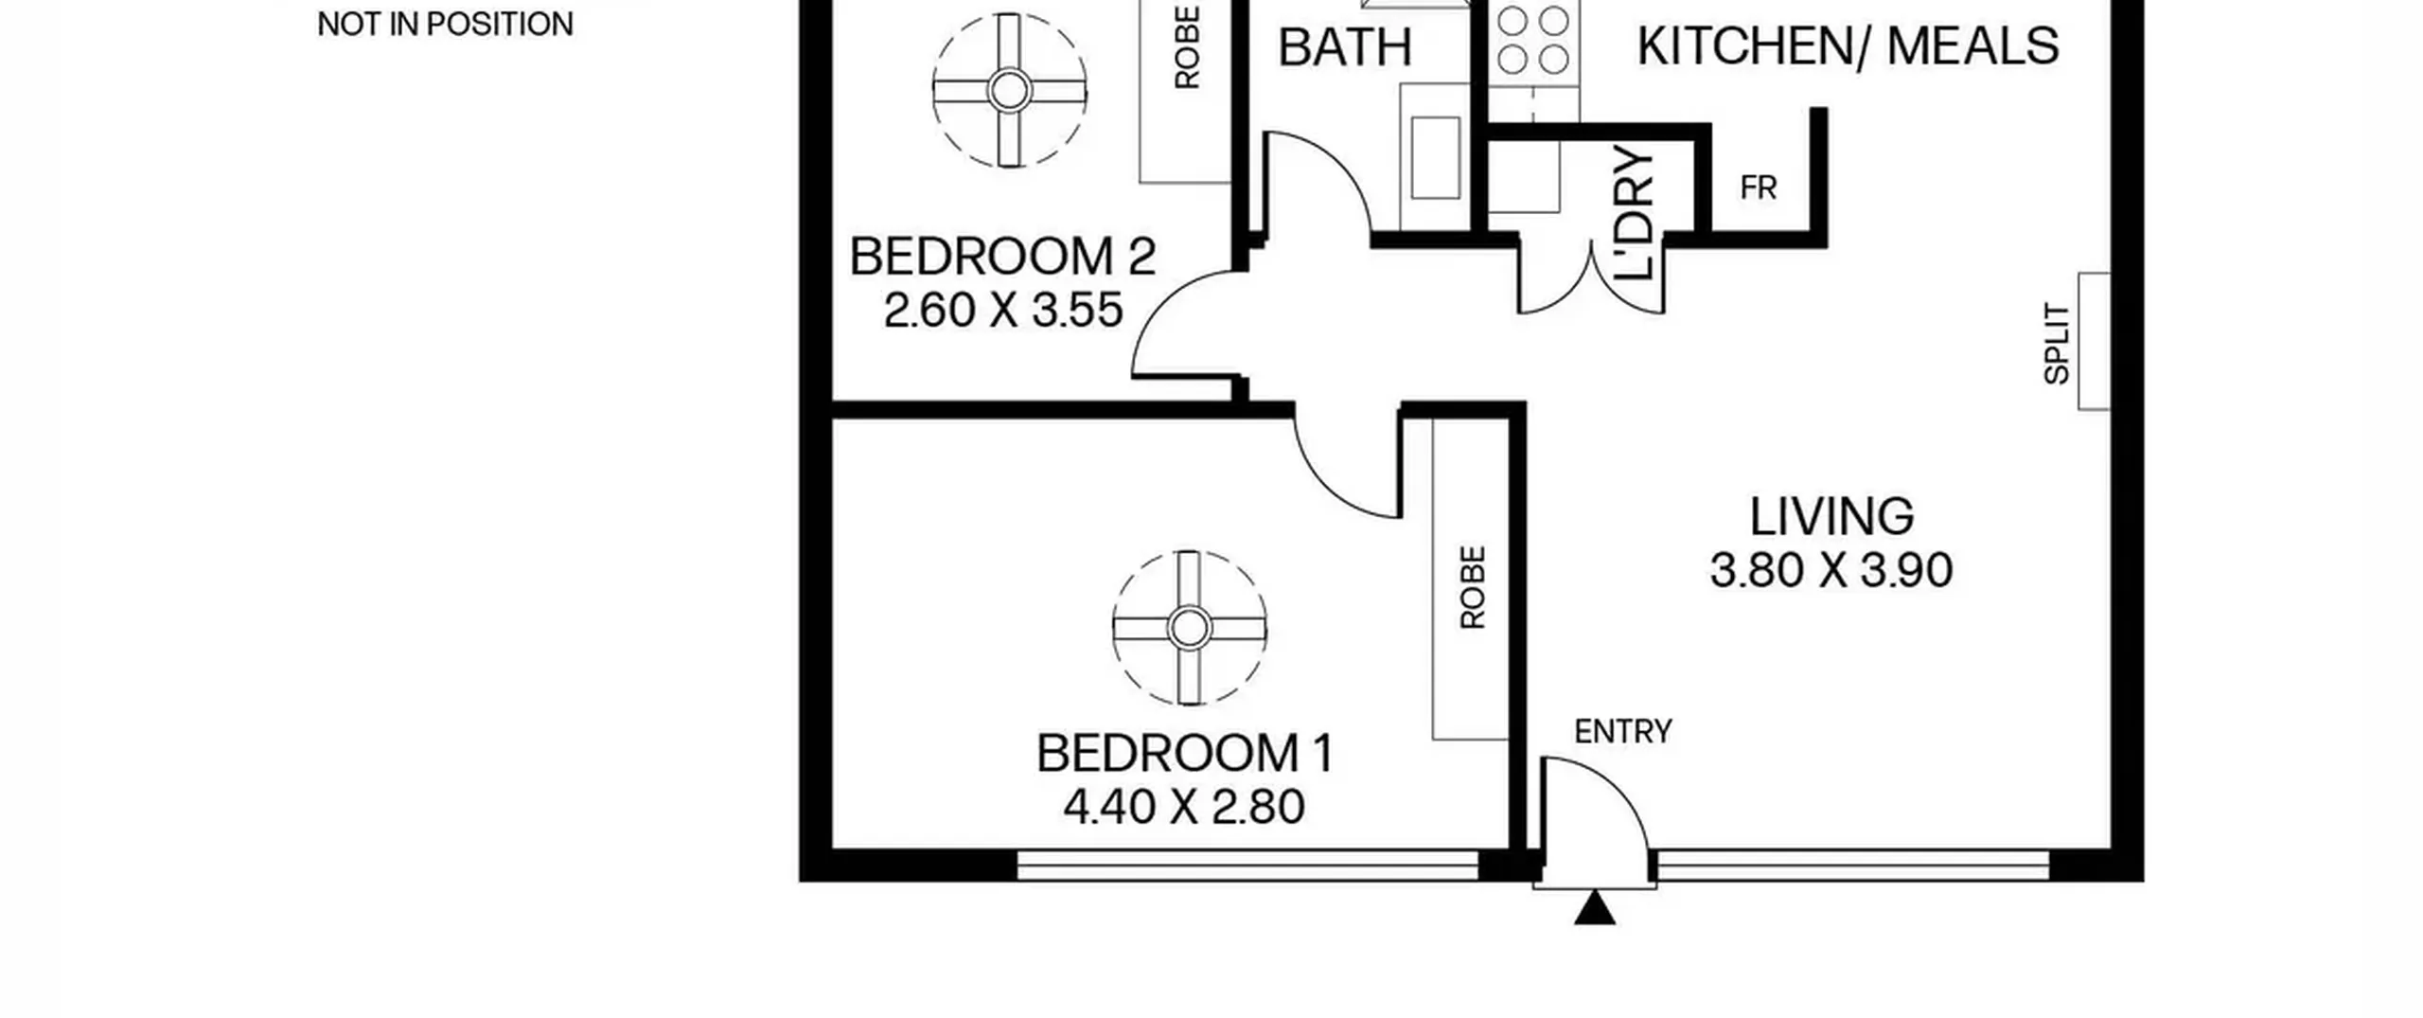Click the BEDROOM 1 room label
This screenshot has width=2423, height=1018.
pyautogui.click(x=1185, y=754)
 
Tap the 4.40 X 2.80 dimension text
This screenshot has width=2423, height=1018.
pyautogui.click(x=1184, y=807)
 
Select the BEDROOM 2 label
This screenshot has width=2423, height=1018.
pyautogui.click(x=1002, y=257)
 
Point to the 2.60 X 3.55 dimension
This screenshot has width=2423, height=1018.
pyautogui.click(x=1003, y=310)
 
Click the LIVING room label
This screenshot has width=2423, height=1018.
pyautogui.click(x=1831, y=517)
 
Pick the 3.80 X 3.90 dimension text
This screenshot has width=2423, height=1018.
pyautogui.click(x=1831, y=570)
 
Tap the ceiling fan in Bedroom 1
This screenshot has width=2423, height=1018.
pyautogui.click(x=1189, y=627)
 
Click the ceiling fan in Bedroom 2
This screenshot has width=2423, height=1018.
pyautogui.click(x=1009, y=91)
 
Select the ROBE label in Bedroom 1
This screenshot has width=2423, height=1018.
pyautogui.click(x=1473, y=587)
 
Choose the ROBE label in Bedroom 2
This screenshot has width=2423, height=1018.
pyautogui.click(x=1187, y=47)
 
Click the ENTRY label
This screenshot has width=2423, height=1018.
pyautogui.click(x=1623, y=731)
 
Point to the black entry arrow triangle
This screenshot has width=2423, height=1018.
pyautogui.click(x=1595, y=907)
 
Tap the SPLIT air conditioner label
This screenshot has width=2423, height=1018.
pyautogui.click(x=2057, y=343)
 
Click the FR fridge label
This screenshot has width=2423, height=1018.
pyautogui.click(x=1759, y=188)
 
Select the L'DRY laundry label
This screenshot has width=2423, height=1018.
pyautogui.click(x=1635, y=213)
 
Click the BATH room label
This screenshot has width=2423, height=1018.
pyautogui.click(x=1345, y=47)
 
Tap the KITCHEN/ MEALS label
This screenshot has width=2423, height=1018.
pyautogui.click(x=1848, y=45)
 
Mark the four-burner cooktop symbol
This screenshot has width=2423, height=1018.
pyautogui.click(x=1533, y=41)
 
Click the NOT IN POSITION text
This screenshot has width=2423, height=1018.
pyautogui.click(x=445, y=24)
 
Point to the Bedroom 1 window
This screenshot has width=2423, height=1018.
pyautogui.click(x=1247, y=865)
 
